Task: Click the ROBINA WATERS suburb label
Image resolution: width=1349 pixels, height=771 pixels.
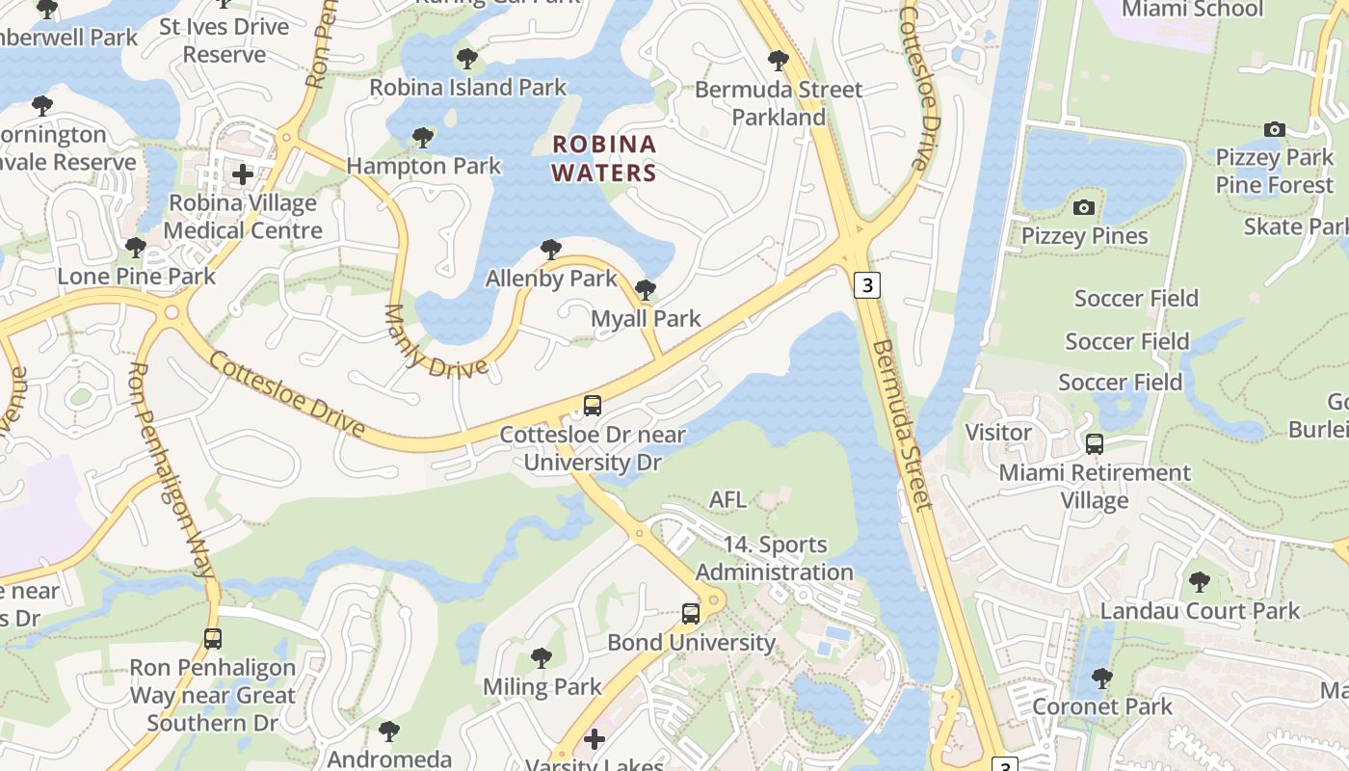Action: point(604,159)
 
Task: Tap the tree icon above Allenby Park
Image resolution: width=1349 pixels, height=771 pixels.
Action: point(550,251)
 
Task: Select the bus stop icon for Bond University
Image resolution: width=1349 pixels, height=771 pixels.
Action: point(691,614)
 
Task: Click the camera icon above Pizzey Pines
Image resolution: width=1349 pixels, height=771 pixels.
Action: point(1084,207)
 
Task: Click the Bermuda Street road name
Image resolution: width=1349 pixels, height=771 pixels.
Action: point(902,424)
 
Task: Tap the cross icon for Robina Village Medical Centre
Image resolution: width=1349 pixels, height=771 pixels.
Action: point(242,174)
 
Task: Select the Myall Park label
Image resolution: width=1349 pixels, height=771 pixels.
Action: point(646,319)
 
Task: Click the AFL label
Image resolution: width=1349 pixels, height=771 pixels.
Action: point(727,499)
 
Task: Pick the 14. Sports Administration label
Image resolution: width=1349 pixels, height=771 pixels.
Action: point(775,558)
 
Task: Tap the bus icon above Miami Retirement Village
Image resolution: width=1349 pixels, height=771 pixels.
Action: point(1095,444)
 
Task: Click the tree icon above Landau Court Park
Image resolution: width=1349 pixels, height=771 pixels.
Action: point(1200,582)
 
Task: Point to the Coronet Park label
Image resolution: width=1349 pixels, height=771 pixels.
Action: point(1102,706)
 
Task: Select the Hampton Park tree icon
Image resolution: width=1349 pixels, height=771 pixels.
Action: point(422,138)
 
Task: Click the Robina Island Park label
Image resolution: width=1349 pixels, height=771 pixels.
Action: point(468,88)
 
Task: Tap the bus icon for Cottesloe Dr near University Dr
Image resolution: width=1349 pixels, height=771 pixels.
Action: point(593,406)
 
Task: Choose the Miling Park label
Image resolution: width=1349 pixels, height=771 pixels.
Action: point(542,687)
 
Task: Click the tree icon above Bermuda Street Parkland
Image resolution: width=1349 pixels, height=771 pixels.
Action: point(779,61)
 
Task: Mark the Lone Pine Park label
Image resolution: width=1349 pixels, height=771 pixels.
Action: point(137,277)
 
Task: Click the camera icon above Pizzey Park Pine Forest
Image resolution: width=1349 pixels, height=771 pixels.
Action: point(1274,129)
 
